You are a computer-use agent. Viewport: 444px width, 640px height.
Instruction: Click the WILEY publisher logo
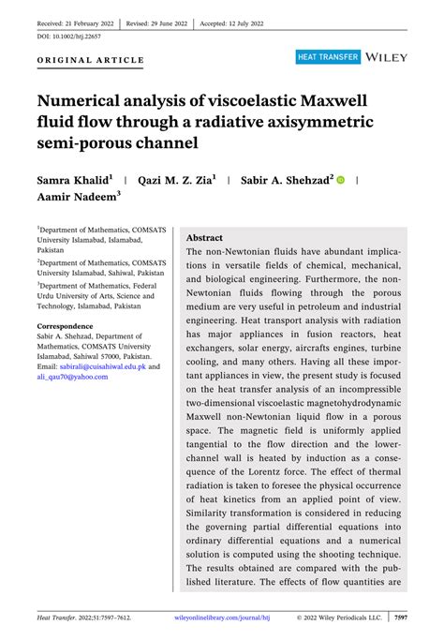pyautogui.click(x=388, y=57)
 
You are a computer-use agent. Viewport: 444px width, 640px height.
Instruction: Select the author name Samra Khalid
pyautogui.click(x=75, y=178)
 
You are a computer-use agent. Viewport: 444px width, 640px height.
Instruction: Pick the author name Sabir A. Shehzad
pyautogui.click(x=286, y=178)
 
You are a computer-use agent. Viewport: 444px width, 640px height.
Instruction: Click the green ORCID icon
pyautogui.click(x=341, y=179)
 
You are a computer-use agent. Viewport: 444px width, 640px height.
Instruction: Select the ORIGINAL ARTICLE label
pyautogui.click(x=91, y=60)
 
